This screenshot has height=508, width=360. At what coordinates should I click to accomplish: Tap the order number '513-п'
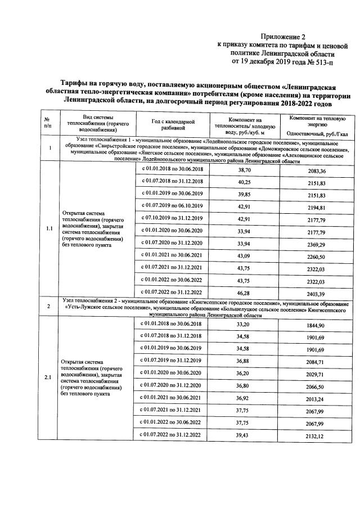(x=323, y=61)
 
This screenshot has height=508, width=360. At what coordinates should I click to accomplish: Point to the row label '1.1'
(x=49, y=229)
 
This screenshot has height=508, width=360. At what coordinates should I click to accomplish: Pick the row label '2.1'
(x=49, y=377)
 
